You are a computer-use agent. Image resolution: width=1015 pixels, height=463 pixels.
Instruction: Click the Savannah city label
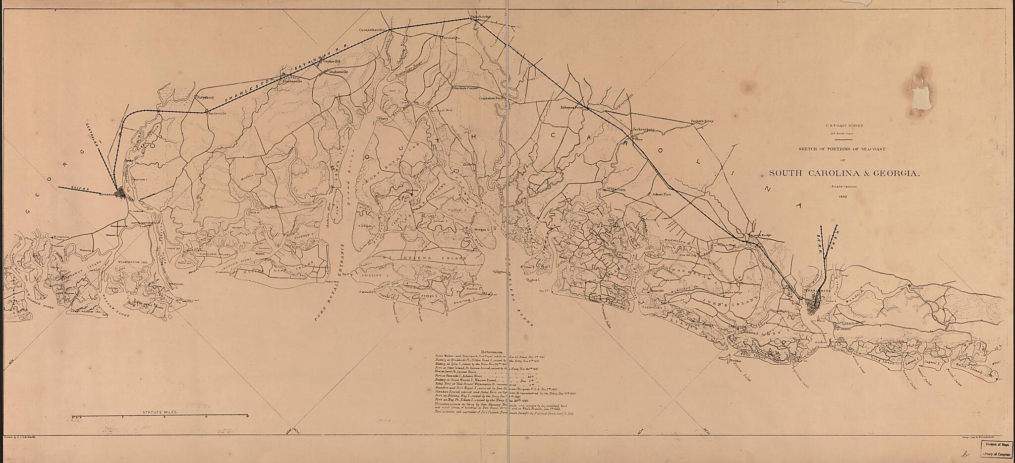click(107, 195)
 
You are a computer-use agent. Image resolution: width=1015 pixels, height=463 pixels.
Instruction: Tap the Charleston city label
click(817, 291)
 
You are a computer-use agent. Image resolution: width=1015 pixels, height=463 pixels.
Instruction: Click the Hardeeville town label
click(217, 113)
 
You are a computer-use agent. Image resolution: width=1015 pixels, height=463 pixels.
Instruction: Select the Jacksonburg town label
click(644, 130)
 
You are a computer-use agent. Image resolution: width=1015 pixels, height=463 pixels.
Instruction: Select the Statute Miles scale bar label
click(159, 412)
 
